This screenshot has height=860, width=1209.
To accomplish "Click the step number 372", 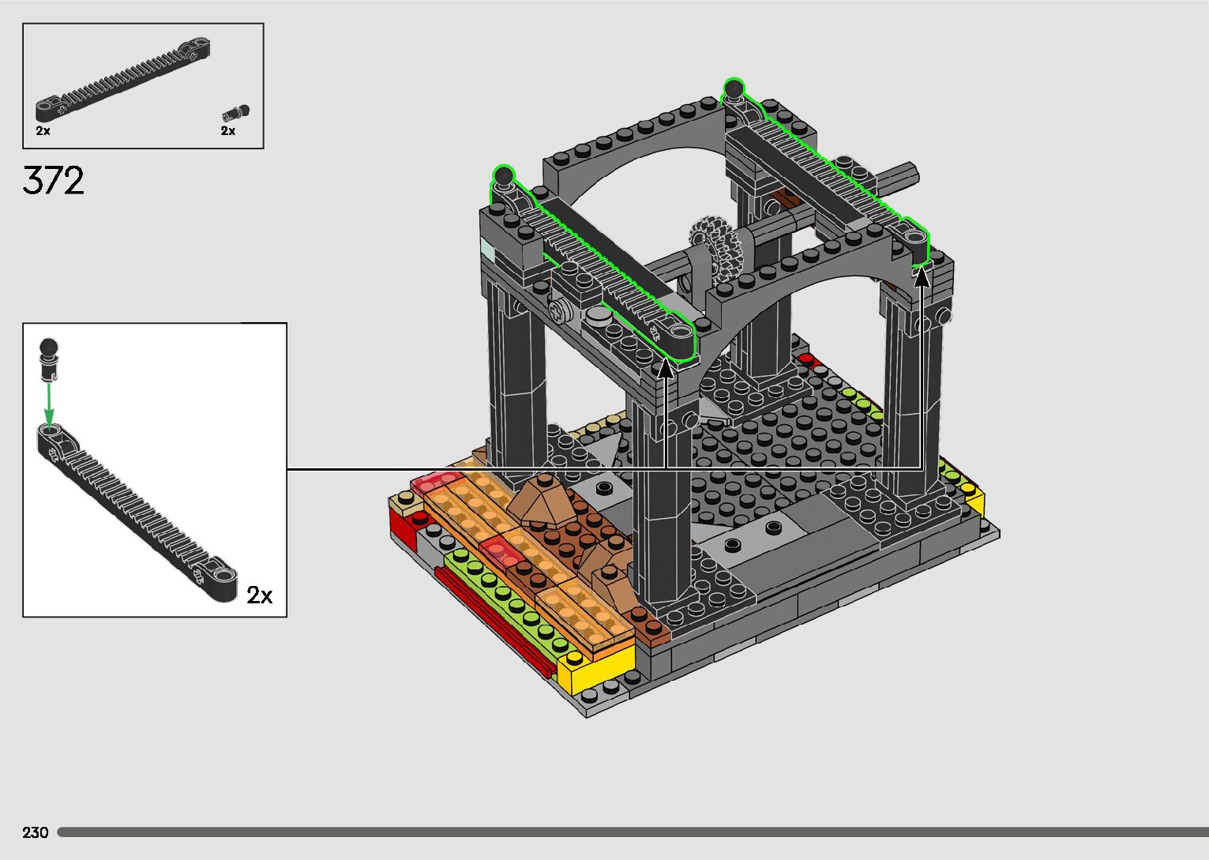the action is (x=54, y=180).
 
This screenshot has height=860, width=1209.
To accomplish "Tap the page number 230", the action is (x=36, y=832).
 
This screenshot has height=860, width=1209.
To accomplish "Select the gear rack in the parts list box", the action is (x=123, y=79).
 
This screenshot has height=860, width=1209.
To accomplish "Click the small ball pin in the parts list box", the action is (x=235, y=113).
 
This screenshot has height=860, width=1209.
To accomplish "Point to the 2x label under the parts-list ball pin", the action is (x=227, y=130).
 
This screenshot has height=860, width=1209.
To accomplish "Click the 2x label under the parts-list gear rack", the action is (x=43, y=130).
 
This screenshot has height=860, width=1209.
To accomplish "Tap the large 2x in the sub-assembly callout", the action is (x=260, y=595).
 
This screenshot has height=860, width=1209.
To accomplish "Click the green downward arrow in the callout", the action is (x=49, y=405).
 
